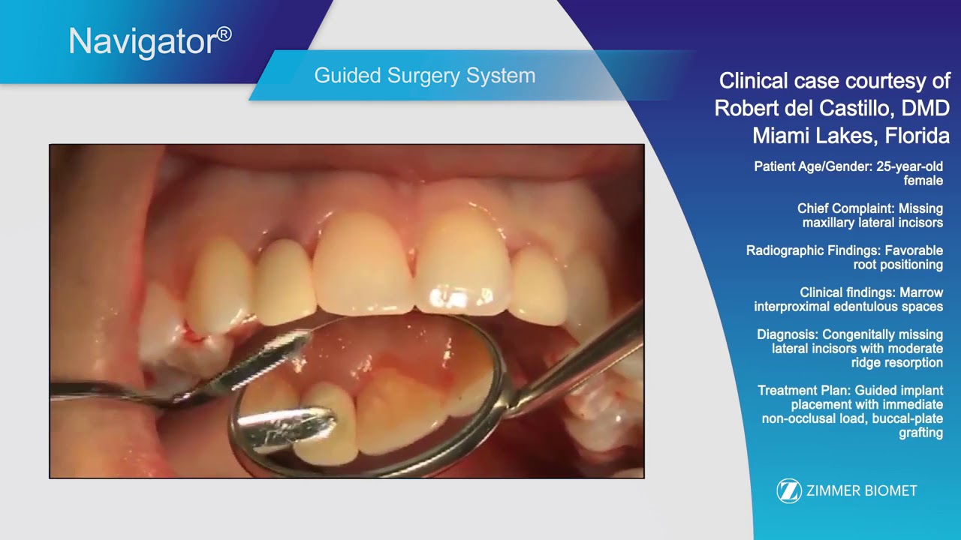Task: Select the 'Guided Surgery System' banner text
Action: coord(424,76)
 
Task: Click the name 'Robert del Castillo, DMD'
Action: coord(832,108)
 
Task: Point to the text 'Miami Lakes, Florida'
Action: coord(851,136)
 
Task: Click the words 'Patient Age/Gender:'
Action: coord(813,166)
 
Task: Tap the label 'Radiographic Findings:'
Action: coord(813,250)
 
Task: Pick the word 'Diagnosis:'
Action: coord(787,334)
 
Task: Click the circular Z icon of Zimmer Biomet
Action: coord(788,491)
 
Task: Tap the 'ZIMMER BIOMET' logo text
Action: coord(861,491)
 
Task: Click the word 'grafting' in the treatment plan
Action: coord(920,433)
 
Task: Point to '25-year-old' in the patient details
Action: coord(909,166)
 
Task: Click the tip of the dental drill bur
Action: coord(303,338)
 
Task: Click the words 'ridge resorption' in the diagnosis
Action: coord(897,363)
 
